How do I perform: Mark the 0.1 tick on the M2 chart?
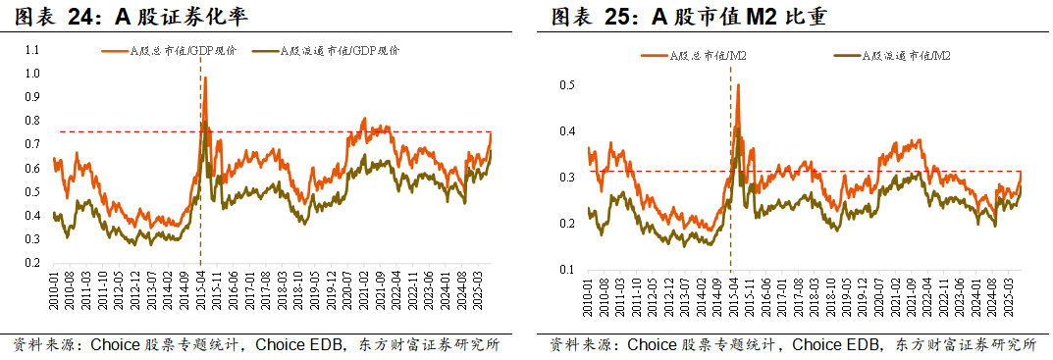tap(567, 270)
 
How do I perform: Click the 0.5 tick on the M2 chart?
tap(567, 85)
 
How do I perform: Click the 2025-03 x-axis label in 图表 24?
tap(480, 291)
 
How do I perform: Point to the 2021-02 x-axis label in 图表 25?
tap(895, 293)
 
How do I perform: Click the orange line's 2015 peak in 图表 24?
tap(205, 77)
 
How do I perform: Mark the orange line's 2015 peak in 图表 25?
tap(738, 85)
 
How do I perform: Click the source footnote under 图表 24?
tap(256, 345)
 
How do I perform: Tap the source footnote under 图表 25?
tap(793, 345)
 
